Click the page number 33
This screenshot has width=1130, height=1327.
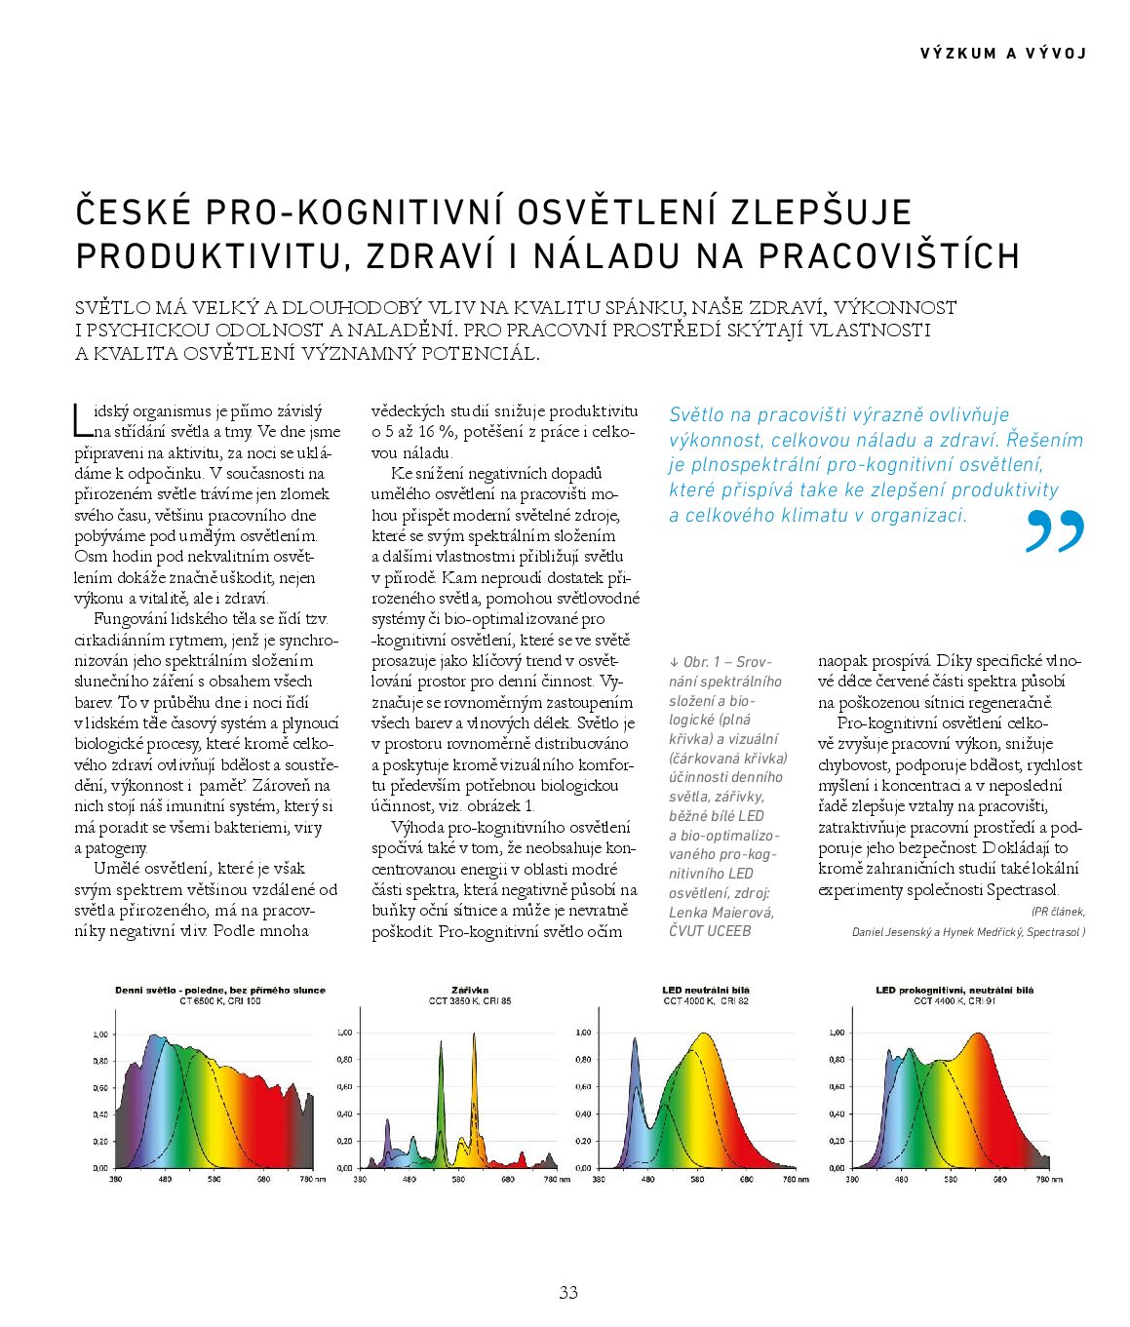[568, 1292]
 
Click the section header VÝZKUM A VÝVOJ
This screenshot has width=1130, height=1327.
[1002, 54]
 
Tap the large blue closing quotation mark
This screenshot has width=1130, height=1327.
[1055, 531]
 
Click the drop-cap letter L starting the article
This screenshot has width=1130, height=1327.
[82, 419]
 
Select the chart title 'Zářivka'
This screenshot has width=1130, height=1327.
[470, 990]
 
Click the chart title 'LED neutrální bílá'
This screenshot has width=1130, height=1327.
[706, 990]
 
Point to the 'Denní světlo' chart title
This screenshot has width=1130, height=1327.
[220, 990]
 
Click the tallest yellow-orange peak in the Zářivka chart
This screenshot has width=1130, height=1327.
[475, 1037]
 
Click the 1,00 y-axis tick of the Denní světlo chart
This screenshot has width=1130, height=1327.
[100, 1034]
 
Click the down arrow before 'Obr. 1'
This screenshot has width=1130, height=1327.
[674, 662]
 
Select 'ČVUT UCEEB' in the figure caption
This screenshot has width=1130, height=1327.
[710, 931]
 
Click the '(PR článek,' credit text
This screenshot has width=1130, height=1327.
[1058, 912]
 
